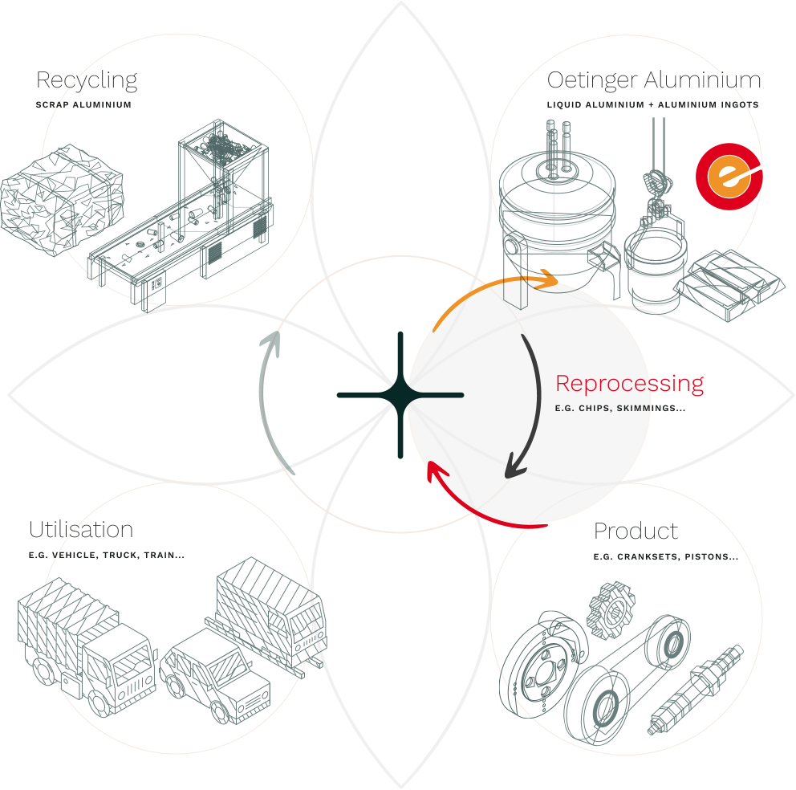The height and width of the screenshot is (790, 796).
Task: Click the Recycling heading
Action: coord(87,80)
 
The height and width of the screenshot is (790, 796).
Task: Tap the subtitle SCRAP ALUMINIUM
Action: coord(83,105)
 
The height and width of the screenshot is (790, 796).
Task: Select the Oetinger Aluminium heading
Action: coord(653,80)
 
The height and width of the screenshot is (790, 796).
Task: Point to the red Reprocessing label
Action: coord(629,383)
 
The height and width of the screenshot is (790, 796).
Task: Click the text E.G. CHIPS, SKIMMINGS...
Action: coord(619,409)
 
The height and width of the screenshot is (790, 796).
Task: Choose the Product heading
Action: coord(636,531)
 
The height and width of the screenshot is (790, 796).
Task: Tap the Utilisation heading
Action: coord(81,530)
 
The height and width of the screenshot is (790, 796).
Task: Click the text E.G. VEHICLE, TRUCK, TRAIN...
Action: coord(107,555)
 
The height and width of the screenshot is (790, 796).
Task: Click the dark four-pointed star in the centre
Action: coord(400,395)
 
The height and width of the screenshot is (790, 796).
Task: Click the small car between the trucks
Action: coord(215,670)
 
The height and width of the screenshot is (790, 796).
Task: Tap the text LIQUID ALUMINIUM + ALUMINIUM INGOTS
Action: coord(652,105)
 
